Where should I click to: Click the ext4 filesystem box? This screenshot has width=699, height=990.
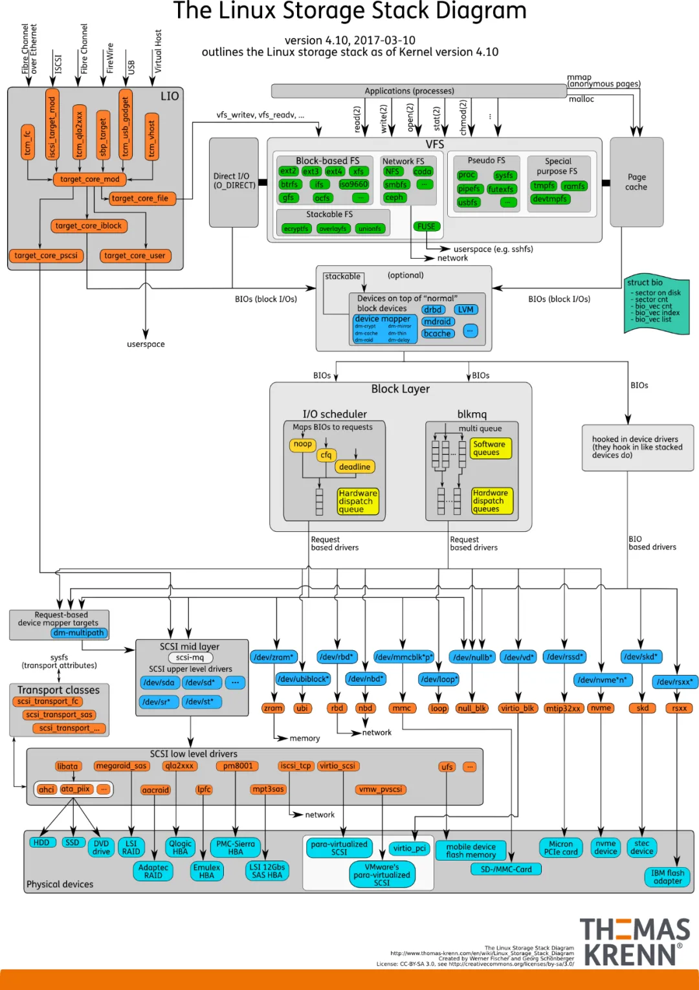pyautogui.click(x=334, y=171)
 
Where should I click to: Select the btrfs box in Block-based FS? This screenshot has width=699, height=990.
pyautogui.click(x=289, y=184)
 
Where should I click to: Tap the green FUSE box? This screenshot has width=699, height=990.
pyautogui.click(x=427, y=226)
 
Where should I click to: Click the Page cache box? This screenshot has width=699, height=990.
pyautogui.click(x=636, y=182)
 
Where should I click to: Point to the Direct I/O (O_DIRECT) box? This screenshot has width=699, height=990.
pyautogui.click(x=234, y=181)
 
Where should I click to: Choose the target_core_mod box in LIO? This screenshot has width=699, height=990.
pyautogui.click(x=89, y=179)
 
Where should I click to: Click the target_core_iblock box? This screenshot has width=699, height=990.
pyautogui.click(x=89, y=226)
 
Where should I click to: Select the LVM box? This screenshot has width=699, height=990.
pyautogui.click(x=466, y=310)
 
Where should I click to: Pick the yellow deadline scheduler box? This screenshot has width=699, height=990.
pyautogui.click(x=355, y=467)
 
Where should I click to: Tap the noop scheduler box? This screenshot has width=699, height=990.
pyautogui.click(x=303, y=445)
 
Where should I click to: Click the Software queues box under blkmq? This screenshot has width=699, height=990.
pyautogui.click(x=490, y=448)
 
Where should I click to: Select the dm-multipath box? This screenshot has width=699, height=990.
pyautogui.click(x=78, y=633)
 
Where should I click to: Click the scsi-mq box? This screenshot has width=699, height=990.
pyautogui.click(x=190, y=657)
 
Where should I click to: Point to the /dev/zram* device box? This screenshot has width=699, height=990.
pyautogui.click(x=273, y=657)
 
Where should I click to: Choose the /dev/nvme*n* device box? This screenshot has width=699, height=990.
pyautogui.click(x=603, y=680)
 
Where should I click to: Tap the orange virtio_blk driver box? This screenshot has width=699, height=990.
pyautogui.click(x=517, y=709)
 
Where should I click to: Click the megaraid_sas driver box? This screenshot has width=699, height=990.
pyautogui.click(x=121, y=766)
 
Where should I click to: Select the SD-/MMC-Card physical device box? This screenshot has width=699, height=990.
pyautogui.click(x=506, y=869)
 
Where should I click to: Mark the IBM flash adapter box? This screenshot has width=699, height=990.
pyautogui.click(x=667, y=877)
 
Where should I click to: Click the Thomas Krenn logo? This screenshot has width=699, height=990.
pyautogui.click(x=634, y=941)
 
